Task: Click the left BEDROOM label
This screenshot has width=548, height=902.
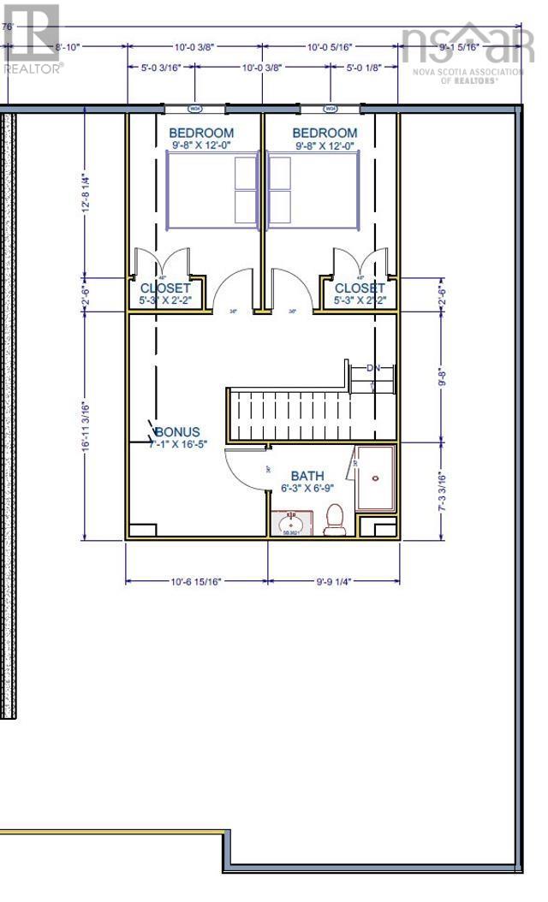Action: point(201,134)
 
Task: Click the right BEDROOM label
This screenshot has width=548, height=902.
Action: point(325,134)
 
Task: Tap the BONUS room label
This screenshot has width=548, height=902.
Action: point(177,432)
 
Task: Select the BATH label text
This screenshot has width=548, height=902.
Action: point(307,476)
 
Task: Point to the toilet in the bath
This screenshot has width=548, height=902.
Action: point(335,519)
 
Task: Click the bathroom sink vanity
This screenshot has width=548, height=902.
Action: point(292,521)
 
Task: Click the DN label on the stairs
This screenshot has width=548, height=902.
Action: point(372,368)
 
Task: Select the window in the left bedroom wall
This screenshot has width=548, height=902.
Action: point(195,110)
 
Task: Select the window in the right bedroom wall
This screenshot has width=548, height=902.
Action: point(331,110)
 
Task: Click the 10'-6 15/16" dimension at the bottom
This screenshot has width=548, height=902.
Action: point(195,581)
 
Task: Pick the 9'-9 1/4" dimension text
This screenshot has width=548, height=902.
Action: point(332,581)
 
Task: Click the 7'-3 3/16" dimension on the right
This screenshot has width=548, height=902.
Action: point(440,490)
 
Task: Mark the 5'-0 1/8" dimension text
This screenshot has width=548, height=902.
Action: point(364,67)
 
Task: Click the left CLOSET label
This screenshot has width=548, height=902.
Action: point(165,288)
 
